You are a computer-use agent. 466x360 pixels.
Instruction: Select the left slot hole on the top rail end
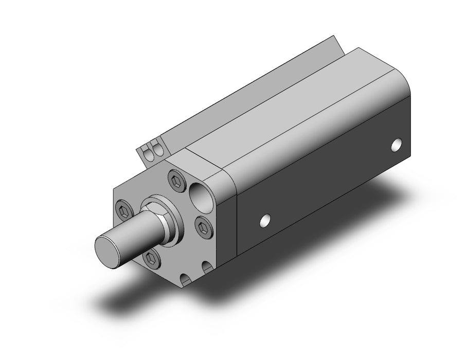click(x=149, y=153)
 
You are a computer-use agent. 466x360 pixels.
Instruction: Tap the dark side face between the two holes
click(x=329, y=180)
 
